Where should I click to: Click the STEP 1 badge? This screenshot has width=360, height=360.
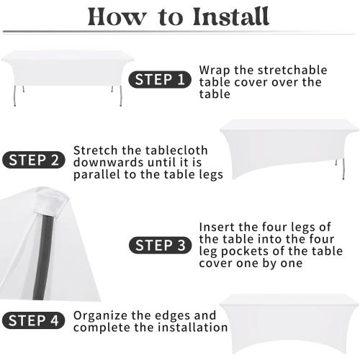coord(160,79)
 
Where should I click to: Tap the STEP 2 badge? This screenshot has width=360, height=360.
coord(34,160)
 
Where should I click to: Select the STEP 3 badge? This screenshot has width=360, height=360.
coord(161,246)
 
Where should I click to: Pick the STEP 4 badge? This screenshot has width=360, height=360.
coord(34,320)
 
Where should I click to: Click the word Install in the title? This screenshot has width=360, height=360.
coord(230,17)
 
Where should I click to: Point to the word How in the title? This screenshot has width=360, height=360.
coord(117,17)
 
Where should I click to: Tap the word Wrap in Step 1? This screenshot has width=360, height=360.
coord(215,71)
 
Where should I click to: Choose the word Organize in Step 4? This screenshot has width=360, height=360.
coord(101,316)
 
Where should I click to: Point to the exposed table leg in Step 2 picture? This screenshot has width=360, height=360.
coord(343,168)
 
